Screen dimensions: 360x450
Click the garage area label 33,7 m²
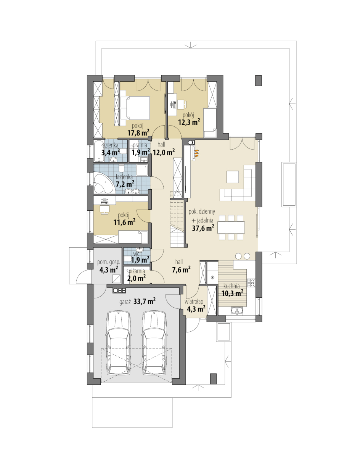(x=145, y=302)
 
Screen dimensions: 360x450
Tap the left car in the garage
(x=119, y=343)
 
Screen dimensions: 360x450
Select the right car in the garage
(x=154, y=343)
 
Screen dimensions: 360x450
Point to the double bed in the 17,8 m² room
(x=135, y=108)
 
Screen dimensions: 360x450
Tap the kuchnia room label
(x=231, y=286)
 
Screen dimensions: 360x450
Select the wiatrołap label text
(x=194, y=302)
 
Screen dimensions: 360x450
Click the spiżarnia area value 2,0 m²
(x=137, y=278)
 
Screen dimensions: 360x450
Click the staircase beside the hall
(x=177, y=223)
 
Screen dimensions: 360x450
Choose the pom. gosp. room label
(x=108, y=262)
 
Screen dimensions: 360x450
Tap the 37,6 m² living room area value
(x=203, y=228)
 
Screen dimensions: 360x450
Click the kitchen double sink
(x=237, y=310)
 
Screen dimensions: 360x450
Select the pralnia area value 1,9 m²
(x=141, y=152)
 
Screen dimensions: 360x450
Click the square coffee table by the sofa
(x=233, y=177)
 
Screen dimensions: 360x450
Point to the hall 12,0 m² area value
(x=164, y=152)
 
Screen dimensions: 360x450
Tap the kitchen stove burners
(x=251, y=282)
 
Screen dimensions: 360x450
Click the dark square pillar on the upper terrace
(x=259, y=81)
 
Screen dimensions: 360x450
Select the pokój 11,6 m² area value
(x=124, y=222)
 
